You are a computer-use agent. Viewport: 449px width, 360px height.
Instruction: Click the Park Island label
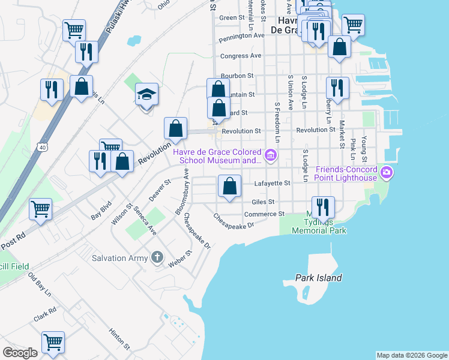coord(319,278)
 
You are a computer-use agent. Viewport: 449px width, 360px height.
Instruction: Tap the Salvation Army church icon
coord(157,258)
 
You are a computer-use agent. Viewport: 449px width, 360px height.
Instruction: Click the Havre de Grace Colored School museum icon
coord(271,156)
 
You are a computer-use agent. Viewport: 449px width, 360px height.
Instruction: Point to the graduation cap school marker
coord(146,95)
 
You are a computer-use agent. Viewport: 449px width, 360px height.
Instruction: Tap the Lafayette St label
coord(272,183)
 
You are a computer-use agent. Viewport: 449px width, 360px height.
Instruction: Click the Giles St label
coord(263,202)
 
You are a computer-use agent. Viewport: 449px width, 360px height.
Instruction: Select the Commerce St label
coord(264,214)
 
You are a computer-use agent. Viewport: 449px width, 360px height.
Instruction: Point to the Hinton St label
coord(119,338)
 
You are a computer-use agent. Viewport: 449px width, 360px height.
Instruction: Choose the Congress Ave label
coord(241,56)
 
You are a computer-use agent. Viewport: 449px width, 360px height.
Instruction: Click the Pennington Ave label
coord(242,36)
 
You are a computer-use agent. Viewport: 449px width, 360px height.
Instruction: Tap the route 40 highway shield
coord(41,146)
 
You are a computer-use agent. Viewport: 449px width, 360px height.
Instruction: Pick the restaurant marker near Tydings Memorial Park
coord(323,207)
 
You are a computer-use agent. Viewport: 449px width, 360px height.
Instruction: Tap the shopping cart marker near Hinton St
coord(53,342)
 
